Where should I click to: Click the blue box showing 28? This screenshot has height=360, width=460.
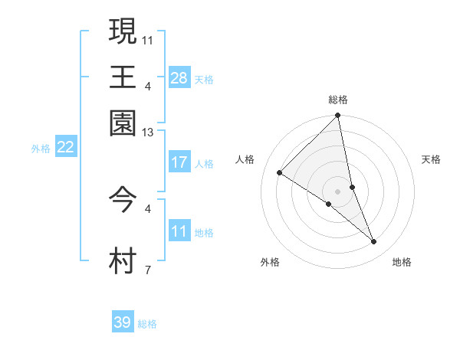pos(179,78)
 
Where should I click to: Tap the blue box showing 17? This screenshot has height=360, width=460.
pos(179,162)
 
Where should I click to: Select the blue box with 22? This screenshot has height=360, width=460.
pos(66,148)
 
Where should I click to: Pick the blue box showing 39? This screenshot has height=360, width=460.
pos(123,322)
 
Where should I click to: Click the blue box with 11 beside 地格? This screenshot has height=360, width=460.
pos(179,231)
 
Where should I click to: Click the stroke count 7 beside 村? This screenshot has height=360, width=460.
pos(148,270)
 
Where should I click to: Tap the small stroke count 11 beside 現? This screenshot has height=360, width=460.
pos(148,39)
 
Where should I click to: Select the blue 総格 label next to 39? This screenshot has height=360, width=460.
pos(147,324)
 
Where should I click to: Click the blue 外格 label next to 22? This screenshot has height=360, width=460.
pos(41,149)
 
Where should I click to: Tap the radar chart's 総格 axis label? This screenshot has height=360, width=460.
pos(338,100)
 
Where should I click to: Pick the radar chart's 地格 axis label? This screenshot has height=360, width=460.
pos(402,263)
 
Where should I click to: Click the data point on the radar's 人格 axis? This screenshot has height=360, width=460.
pos(280,173)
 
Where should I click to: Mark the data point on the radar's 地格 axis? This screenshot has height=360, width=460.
pos(374,242)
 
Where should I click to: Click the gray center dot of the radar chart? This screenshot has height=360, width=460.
pos(338,191)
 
